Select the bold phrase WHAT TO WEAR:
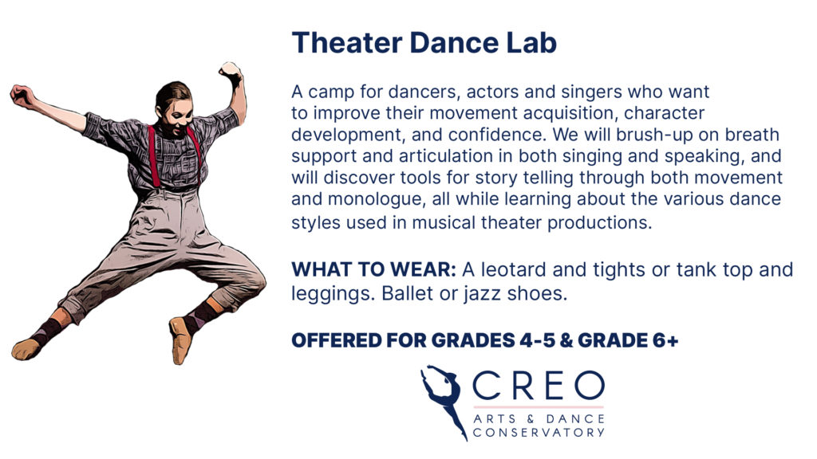[x=373, y=269]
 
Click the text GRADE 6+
[x=628, y=340]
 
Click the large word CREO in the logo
[x=539, y=386]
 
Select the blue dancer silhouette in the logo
[x=443, y=398]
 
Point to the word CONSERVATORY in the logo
[x=539, y=433]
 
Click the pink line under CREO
[x=539, y=406]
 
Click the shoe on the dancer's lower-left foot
[x=26, y=349]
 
